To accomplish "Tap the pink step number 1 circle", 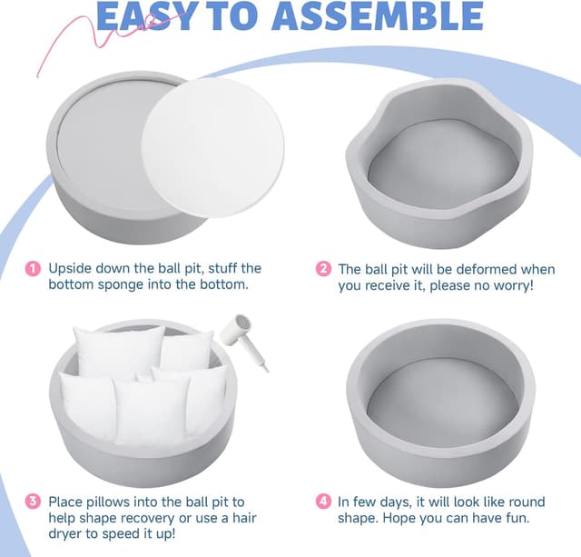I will tap(33, 269).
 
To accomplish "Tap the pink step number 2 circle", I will tap(323, 270).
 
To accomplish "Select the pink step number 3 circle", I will tap(33, 502).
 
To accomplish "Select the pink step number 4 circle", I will tap(323, 502).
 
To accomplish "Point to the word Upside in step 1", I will tap(71, 269).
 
